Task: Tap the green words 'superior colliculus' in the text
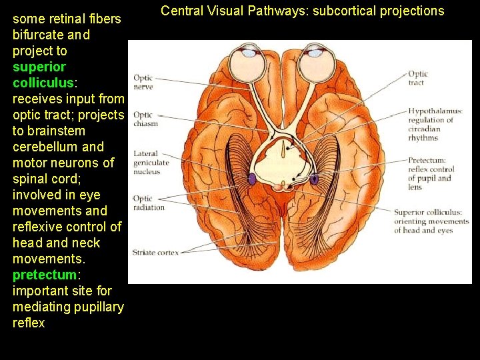click(x=39, y=75)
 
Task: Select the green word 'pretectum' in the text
click(x=44, y=275)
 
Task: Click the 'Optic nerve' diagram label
click(x=143, y=82)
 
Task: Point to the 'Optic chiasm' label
click(x=145, y=119)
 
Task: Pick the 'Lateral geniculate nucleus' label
click(x=151, y=163)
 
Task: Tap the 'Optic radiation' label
click(x=148, y=203)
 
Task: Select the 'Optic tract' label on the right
click(x=418, y=78)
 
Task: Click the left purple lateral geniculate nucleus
click(x=252, y=179)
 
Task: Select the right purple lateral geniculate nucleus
click(x=314, y=179)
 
